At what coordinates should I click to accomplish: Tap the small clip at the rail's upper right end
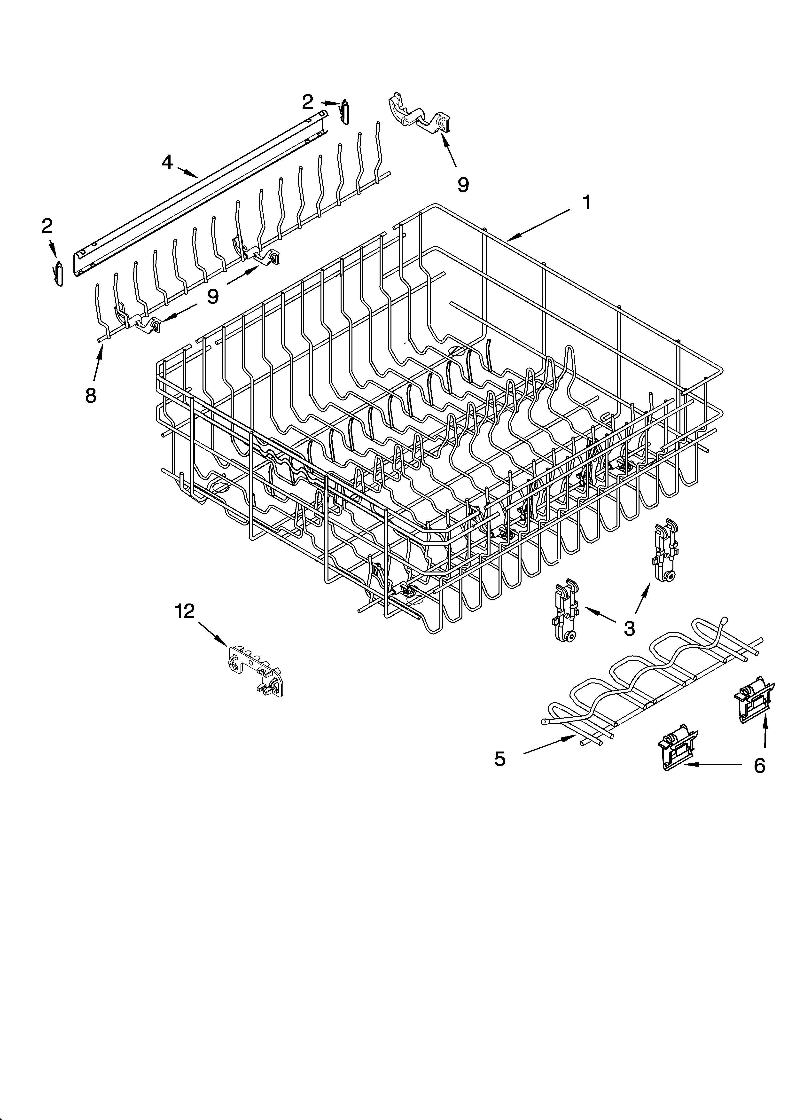point(345,113)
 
